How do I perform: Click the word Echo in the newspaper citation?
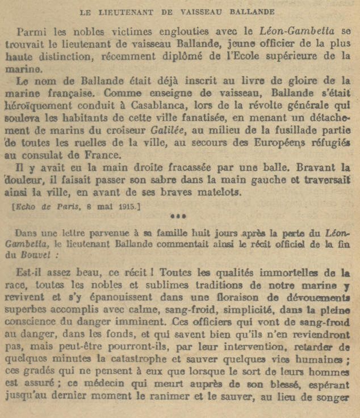[26, 206]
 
